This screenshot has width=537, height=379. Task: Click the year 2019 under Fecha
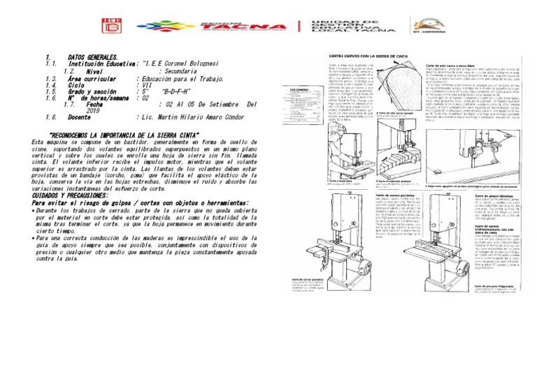(x=94, y=111)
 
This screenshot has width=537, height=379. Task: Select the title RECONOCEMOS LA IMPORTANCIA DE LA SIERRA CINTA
(x=132, y=135)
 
